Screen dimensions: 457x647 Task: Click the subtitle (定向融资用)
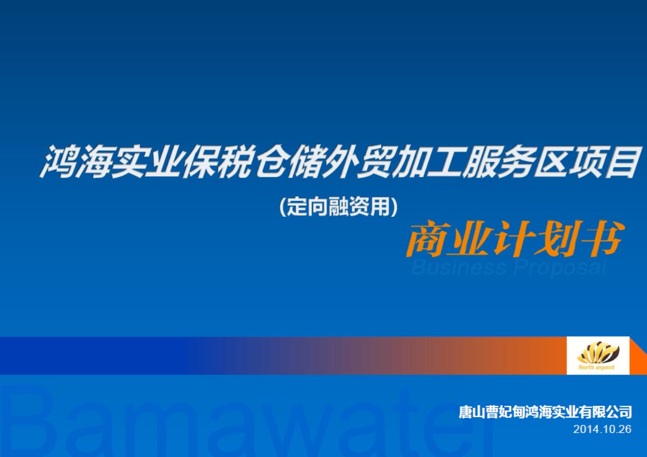tap(338, 206)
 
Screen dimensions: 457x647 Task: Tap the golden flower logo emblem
tap(597, 352)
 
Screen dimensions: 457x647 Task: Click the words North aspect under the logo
tap(596, 367)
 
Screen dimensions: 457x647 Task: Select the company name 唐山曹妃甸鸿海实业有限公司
tap(545, 412)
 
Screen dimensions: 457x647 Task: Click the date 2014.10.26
tap(602, 429)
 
